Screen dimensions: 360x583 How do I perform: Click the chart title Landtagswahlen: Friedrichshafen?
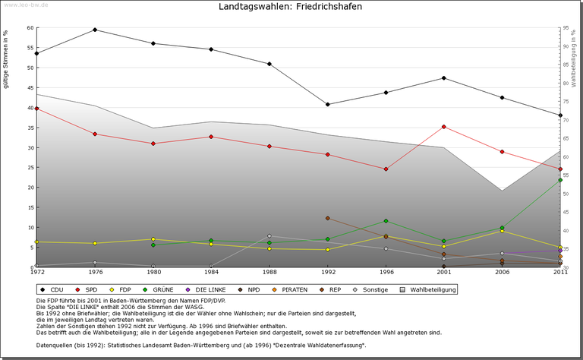290,7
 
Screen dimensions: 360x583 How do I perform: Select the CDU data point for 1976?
95,30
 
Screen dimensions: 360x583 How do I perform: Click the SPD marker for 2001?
444,127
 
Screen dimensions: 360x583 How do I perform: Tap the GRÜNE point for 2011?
560,180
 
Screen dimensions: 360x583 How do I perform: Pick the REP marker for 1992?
327,218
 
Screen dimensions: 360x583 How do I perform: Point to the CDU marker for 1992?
327,104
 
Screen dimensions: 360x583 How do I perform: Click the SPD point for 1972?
36,109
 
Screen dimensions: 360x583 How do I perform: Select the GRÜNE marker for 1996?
386,221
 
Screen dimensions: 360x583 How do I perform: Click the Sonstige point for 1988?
269,235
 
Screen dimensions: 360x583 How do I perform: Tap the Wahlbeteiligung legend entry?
429,289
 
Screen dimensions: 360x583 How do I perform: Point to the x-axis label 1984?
211,273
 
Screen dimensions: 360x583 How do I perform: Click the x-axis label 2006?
502,273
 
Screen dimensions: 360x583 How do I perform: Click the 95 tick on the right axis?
566,28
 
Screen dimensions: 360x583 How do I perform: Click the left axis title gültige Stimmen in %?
7,60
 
